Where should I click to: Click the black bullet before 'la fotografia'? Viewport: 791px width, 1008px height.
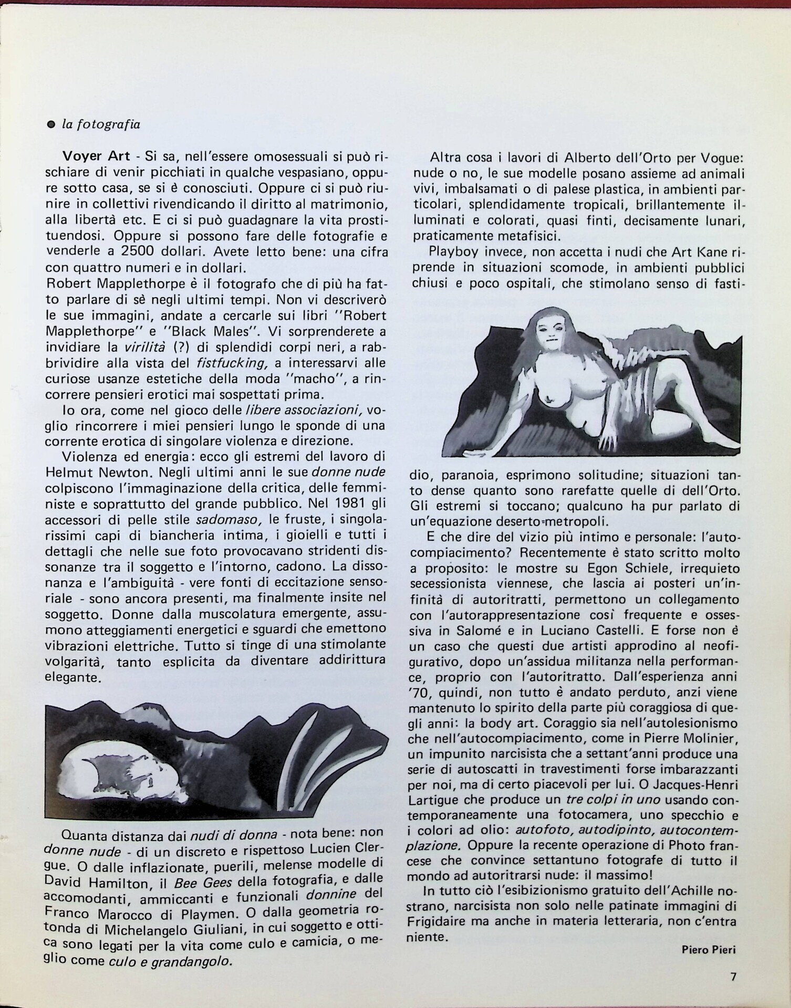pyautogui.click(x=51, y=125)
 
